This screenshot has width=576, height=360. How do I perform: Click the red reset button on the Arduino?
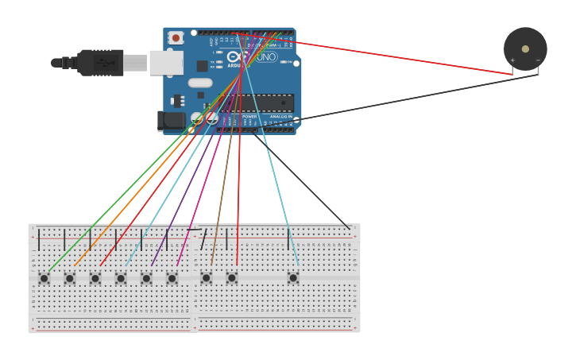coord(176,37)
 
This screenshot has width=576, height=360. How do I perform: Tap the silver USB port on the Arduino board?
coord(166,63)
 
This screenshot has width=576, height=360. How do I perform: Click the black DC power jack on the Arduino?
coord(170,121)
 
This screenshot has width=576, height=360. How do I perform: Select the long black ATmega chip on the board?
coord(262,103)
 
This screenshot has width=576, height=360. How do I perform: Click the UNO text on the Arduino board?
coord(266,57)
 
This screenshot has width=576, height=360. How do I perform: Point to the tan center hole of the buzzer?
coord(525,48)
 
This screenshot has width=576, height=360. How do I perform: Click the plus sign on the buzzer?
coord(512,60)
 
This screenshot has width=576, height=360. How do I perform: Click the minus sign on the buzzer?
coord(538,60)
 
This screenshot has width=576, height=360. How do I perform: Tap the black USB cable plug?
coord(100,63)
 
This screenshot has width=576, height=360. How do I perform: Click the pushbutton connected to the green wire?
coord(44,278)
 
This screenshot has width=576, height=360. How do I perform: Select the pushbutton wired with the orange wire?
coord(70,278)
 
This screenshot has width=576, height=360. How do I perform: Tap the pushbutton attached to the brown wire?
coord(207,278)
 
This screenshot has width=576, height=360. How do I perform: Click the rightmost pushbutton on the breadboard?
coord(293,278)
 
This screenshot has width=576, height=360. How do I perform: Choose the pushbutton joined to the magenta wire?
coord(172,278)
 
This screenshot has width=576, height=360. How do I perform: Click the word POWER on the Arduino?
coord(249,117)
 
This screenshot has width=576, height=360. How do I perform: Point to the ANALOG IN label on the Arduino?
coord(280,117)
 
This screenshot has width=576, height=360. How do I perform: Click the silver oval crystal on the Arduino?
coord(200,83)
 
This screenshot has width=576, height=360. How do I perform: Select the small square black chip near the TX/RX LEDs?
coord(203,66)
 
